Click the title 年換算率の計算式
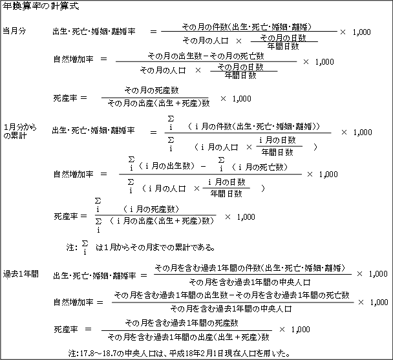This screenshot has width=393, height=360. [41, 6]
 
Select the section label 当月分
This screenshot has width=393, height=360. [14, 31]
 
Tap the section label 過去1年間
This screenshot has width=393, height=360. [21, 274]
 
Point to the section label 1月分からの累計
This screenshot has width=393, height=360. [20, 131]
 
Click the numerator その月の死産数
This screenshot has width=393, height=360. [152, 90]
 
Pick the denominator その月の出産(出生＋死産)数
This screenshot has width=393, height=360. [158, 103]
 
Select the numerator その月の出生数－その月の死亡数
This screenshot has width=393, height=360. [206, 56]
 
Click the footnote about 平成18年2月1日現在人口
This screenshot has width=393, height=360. [180, 354]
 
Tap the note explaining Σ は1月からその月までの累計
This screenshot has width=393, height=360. [141, 248]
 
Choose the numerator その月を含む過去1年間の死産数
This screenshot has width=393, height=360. [182, 323]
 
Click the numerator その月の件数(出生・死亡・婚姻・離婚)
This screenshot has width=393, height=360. [247, 26]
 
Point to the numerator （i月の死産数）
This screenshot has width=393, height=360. [151, 209]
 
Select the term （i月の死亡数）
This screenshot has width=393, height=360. [260, 167]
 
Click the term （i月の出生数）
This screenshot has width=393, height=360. [166, 166]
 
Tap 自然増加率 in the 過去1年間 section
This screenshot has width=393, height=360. [74, 302]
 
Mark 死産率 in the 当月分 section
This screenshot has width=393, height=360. [65, 98]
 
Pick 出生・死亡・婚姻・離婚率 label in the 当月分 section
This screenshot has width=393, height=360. [94, 32]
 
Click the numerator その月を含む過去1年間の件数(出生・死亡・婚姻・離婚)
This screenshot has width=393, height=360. [250, 268]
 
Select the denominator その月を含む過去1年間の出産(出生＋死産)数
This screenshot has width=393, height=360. [189, 337]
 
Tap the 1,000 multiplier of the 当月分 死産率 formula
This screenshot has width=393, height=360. [242, 98]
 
